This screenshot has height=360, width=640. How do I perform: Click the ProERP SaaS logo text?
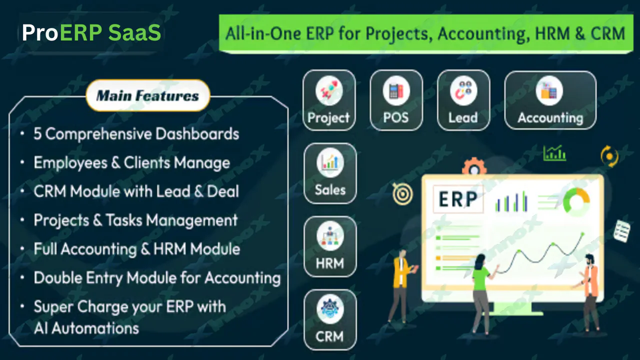[91, 33]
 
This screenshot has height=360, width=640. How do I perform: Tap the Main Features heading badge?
[147, 95]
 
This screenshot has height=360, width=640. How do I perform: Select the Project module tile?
[328, 100]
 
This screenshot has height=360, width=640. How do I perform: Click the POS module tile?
[396, 100]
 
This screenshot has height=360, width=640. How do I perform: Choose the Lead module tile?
[463, 100]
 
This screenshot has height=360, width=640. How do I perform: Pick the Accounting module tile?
[550, 100]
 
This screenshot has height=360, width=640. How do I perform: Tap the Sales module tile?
[330, 173]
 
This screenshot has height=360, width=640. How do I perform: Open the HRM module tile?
[330, 246]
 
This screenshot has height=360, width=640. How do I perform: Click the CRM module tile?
[330, 319]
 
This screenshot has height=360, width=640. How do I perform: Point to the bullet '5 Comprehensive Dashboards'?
[136, 134]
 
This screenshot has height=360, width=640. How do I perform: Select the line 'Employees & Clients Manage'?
[131, 163]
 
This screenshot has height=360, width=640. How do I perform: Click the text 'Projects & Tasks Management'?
[135, 220]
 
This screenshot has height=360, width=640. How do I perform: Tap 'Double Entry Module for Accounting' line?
[157, 278]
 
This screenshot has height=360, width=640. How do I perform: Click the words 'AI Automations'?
[86, 328]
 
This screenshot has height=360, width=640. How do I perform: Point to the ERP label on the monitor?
[457, 199]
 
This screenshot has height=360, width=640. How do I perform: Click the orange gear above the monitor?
[473, 166]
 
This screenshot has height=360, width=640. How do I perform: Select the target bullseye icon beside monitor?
[402, 194]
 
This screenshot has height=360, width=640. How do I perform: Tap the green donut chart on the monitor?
[576, 201]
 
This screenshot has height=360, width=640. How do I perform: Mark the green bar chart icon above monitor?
[554, 153]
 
